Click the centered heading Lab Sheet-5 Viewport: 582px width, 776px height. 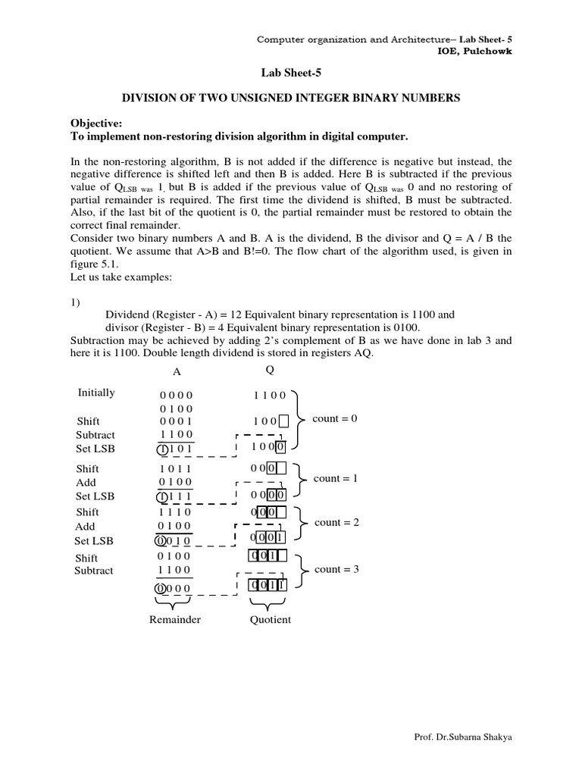291,72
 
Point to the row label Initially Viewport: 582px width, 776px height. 96,393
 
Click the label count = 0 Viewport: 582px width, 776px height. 334,418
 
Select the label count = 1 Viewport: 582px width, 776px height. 334,478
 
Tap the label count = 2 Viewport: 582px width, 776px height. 336,523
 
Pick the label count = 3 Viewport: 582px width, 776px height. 336,569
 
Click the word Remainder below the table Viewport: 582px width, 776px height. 175,620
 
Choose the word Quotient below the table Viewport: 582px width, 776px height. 270,620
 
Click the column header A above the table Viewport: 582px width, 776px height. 177,371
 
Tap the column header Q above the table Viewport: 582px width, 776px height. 270,371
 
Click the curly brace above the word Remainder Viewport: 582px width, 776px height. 176,603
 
